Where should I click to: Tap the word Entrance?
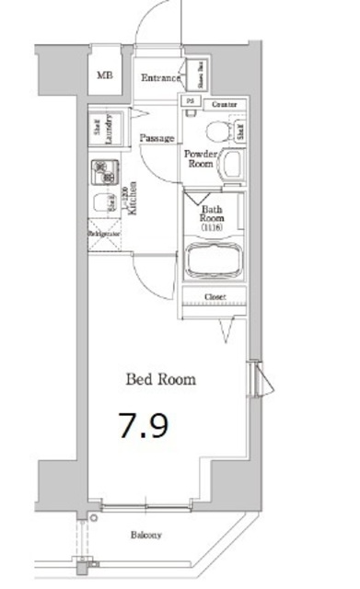coord(161,78)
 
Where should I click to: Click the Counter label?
coord(225,105)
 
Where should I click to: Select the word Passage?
coord(157,138)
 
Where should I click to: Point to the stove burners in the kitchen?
coord(102,170)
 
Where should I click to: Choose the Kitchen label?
coord(132,195)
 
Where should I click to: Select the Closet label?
coord(215,297)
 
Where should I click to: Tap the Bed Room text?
coord(160,377)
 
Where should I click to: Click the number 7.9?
coord(142,425)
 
